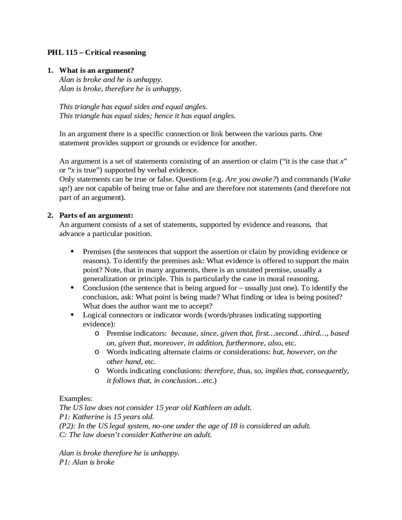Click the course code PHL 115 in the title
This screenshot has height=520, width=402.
coord(62,52)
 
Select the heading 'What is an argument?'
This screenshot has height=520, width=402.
coord(96,70)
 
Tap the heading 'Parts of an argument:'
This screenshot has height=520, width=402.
coord(96,215)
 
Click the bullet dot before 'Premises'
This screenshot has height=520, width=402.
coord(73,252)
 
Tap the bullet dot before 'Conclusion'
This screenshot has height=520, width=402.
coord(73,288)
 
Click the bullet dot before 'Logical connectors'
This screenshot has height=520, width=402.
coord(73,315)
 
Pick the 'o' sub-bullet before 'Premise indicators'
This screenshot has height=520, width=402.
coord(97,333)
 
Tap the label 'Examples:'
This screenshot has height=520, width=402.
coord(75,398)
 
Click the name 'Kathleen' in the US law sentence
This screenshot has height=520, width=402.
coord(207,408)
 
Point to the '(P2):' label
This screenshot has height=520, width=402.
coord(67,426)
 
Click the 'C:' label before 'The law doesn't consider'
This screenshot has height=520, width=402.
coord(63,435)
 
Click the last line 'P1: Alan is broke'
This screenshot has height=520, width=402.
coord(87,462)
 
